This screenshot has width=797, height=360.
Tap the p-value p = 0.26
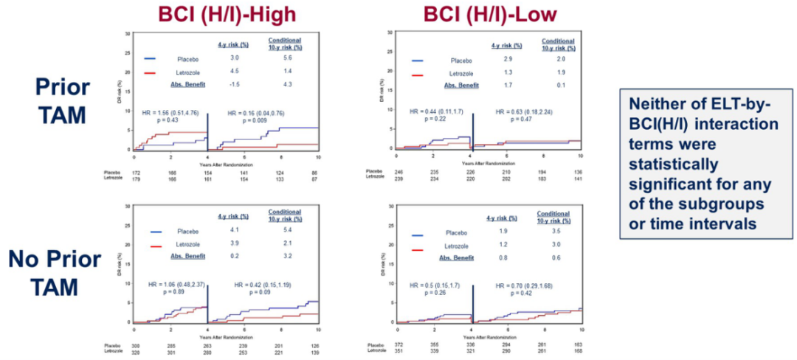(432, 292)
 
